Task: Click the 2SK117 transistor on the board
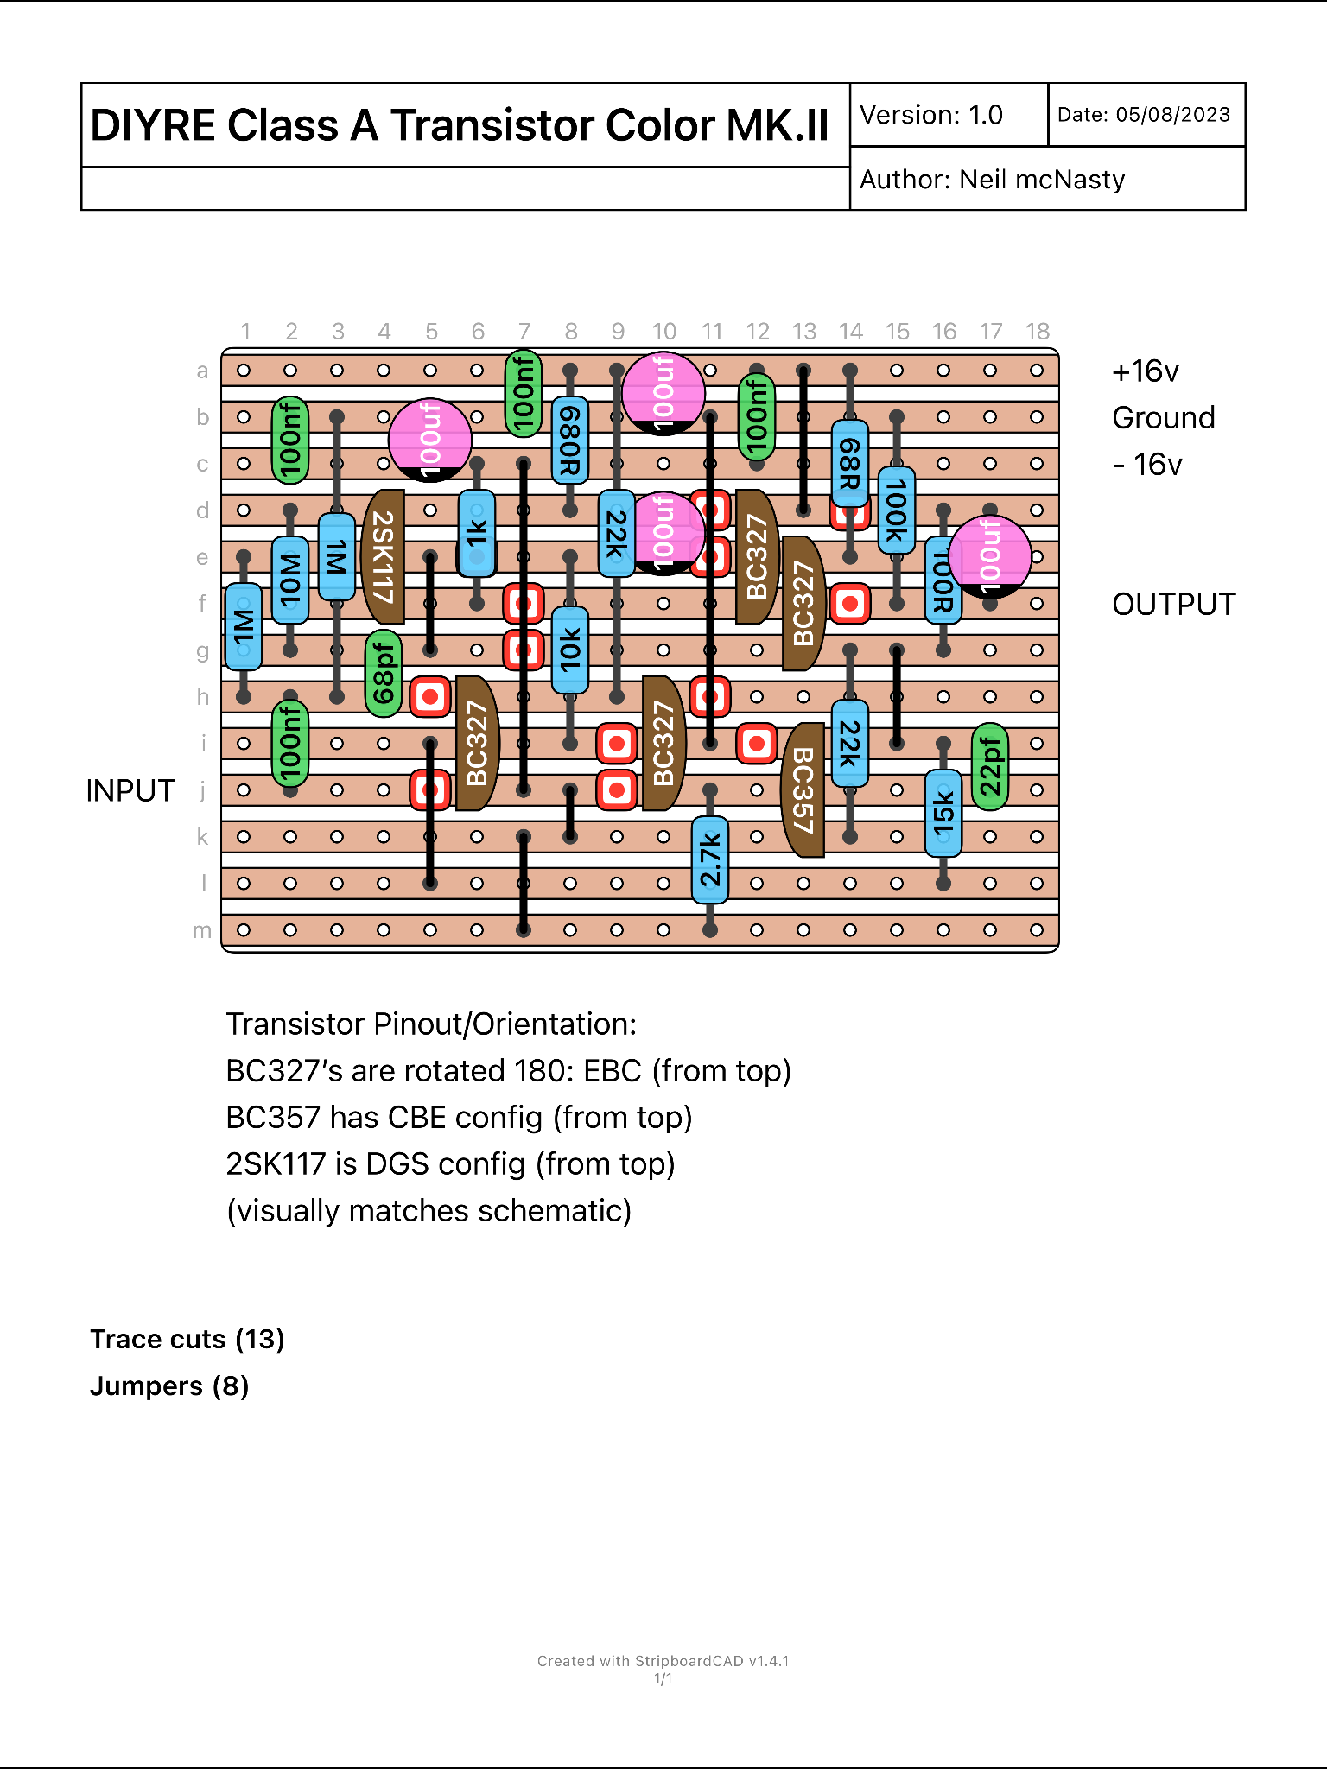click(x=384, y=557)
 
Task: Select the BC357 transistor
click(x=803, y=789)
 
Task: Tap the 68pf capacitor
click(x=384, y=674)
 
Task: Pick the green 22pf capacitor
click(x=990, y=766)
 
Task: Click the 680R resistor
click(x=570, y=440)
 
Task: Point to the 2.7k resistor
click(x=710, y=859)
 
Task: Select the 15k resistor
click(x=943, y=813)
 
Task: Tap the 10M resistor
click(x=290, y=580)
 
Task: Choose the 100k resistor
click(x=897, y=510)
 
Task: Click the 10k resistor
click(x=570, y=650)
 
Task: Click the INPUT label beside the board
click(x=130, y=790)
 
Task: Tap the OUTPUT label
click(x=1173, y=604)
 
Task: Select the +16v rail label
click(x=1145, y=371)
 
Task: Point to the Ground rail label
click(x=1163, y=418)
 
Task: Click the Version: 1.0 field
click(x=931, y=115)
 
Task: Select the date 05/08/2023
click(x=1172, y=115)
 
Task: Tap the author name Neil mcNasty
click(x=1042, y=180)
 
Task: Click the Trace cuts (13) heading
click(x=187, y=1339)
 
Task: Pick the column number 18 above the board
click(x=1037, y=332)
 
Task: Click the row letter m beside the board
click(x=202, y=930)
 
